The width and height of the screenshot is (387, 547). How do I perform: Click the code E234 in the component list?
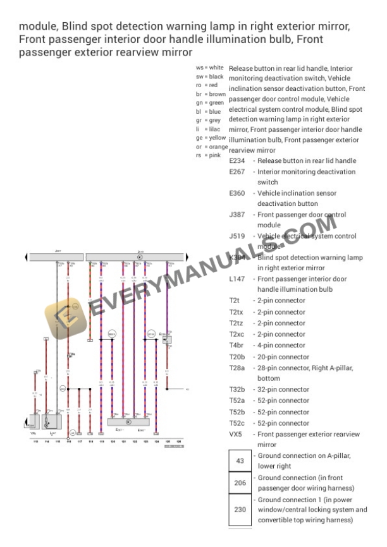[237, 161]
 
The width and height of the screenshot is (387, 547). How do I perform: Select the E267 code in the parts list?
[237, 172]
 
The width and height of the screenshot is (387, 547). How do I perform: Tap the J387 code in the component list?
[237, 215]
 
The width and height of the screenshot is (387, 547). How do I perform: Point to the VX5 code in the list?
[236, 435]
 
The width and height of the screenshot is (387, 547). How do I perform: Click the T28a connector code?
[236, 368]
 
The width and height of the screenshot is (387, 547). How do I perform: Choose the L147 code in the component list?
[237, 279]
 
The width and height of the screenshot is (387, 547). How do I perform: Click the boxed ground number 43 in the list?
[240, 461]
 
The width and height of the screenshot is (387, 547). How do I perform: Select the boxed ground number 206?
[240, 483]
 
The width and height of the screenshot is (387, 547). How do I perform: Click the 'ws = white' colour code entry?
[210, 67]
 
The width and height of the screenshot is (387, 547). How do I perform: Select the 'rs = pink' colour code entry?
[207, 155]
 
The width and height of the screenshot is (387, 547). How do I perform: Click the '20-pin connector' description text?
[281, 357]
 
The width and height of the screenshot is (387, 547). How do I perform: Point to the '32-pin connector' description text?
[281, 389]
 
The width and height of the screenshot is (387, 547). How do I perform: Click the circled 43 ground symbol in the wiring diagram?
[73, 432]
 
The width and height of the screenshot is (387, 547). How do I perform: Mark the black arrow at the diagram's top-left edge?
[26, 257]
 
